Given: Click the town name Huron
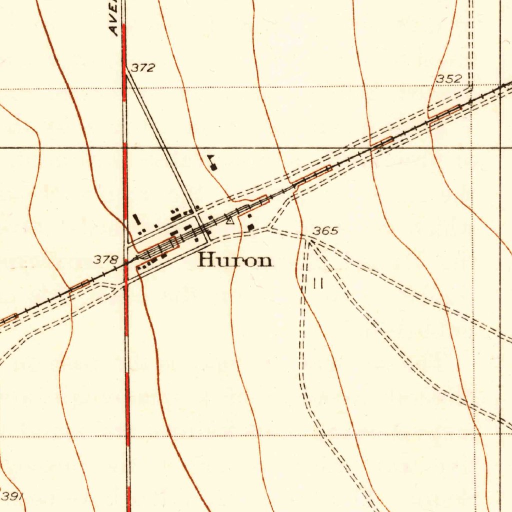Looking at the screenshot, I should click(x=235, y=260).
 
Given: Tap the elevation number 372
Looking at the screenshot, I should click(x=143, y=68).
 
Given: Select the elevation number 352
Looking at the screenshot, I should click(x=449, y=79).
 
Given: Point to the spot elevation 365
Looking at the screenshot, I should click(x=325, y=231).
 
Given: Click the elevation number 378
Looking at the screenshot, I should click(x=106, y=260).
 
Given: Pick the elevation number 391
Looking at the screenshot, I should click(x=11, y=496).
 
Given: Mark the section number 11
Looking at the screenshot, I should click(x=318, y=284).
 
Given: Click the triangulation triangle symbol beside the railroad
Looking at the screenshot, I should click(x=230, y=219).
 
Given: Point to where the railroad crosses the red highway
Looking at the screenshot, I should click(x=126, y=262).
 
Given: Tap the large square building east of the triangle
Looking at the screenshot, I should click(x=250, y=227).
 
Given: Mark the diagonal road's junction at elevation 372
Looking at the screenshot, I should click(x=126, y=70).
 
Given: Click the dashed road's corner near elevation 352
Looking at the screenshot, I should click(x=470, y=88).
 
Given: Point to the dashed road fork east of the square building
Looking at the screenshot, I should click(x=270, y=229).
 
